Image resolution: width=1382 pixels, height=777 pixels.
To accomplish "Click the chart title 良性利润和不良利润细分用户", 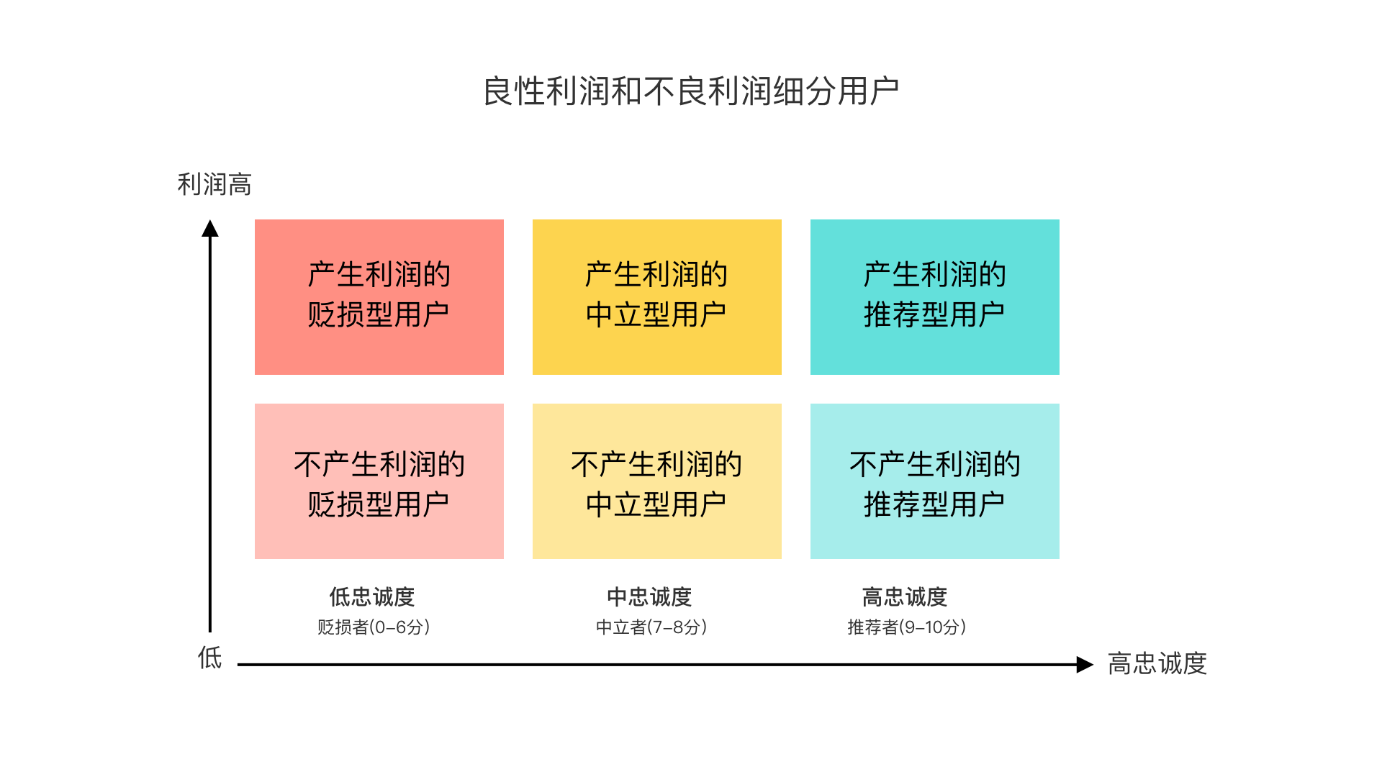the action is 691,91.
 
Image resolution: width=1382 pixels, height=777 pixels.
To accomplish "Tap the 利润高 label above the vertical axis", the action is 214,184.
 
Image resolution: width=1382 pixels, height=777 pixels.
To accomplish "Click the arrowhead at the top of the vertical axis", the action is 210,229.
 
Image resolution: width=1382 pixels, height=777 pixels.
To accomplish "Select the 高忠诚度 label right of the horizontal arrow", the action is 1157,663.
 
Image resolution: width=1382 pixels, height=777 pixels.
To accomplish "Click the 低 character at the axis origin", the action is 210,658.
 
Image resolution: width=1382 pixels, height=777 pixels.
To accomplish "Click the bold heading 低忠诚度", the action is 372,596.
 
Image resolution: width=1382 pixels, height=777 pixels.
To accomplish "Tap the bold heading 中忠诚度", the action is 649,596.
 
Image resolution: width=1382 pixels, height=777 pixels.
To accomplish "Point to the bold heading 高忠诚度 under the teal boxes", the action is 905,596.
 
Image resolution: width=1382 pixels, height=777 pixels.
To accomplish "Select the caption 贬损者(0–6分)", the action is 374,627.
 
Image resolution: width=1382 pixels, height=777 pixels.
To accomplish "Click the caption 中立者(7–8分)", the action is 651,627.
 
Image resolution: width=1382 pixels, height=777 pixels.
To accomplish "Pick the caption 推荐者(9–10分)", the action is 907,627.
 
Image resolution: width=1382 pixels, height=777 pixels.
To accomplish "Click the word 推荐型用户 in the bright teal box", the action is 934,315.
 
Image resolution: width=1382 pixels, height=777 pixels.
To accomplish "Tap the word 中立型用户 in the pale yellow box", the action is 656,505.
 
